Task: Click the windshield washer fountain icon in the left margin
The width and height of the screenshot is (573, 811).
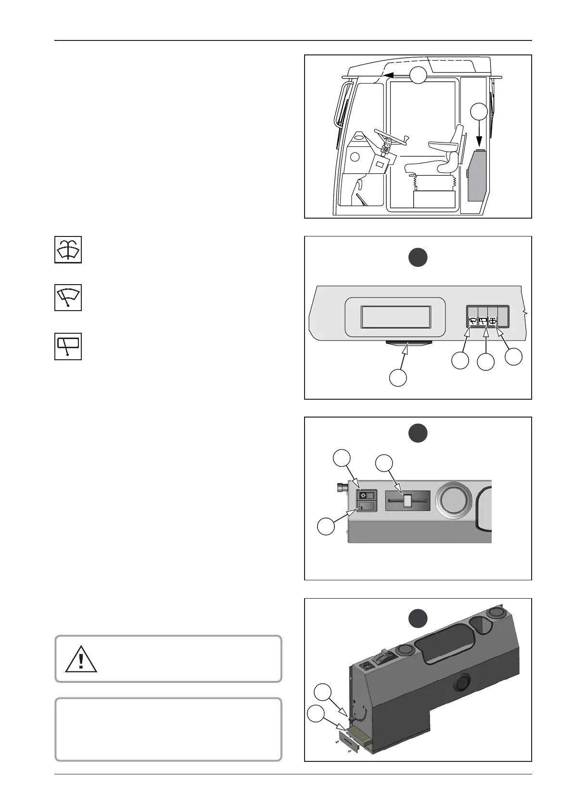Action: pos(68,250)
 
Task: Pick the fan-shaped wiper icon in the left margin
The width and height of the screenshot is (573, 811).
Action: pos(68,298)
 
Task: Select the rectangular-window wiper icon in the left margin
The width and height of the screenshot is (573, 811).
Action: pos(68,346)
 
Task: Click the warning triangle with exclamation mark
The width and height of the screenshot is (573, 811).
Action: pos(81,659)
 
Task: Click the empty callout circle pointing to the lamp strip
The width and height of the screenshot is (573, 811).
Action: pos(398,378)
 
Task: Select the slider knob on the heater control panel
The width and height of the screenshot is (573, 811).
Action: pos(407,501)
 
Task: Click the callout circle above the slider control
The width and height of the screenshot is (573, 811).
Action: pos(384,463)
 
